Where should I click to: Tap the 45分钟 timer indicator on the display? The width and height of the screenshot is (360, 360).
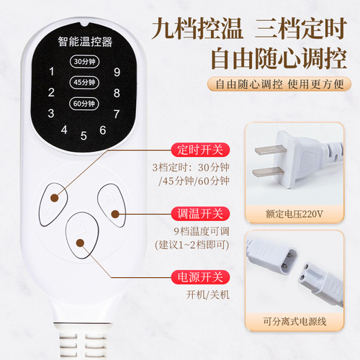point(82,81)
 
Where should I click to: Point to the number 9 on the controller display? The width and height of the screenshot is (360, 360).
point(117,71)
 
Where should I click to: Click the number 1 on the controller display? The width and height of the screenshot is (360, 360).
point(50,71)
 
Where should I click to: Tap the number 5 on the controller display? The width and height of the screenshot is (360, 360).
point(84,135)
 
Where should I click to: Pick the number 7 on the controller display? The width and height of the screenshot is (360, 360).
point(116,113)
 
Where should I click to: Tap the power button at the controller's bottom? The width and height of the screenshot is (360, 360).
point(81,230)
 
